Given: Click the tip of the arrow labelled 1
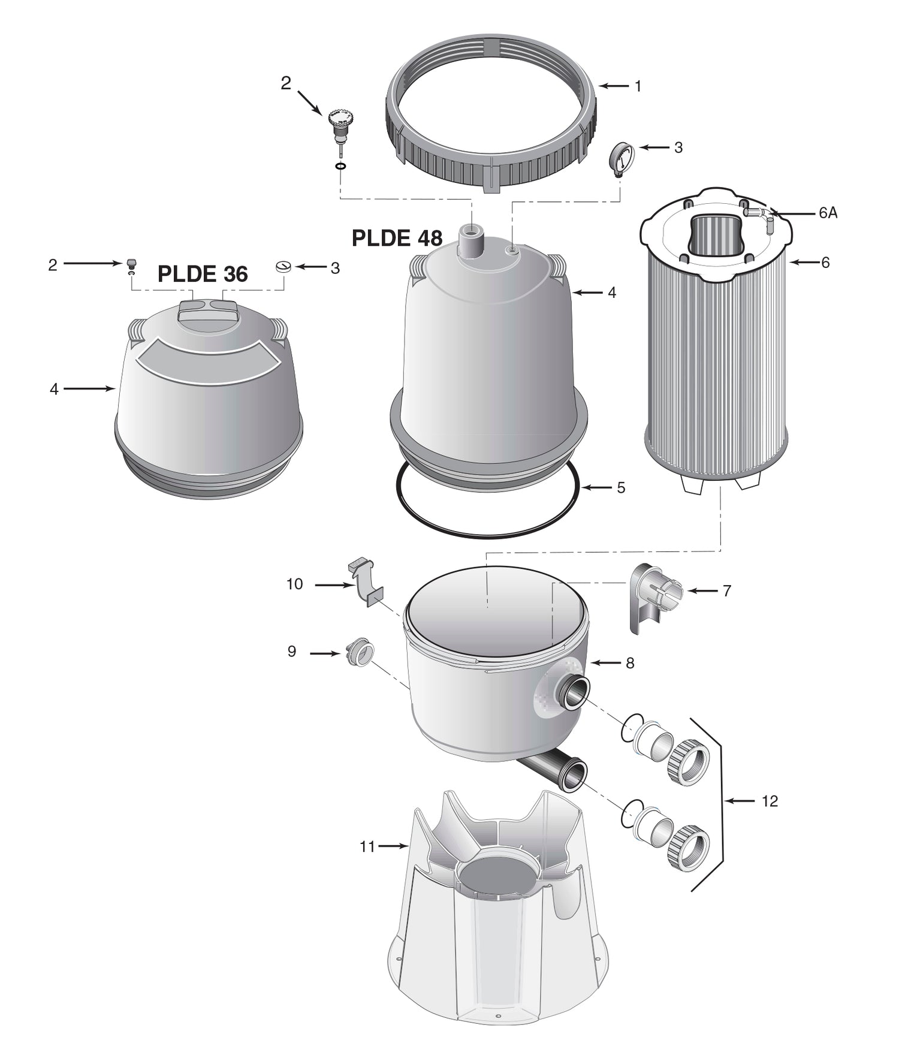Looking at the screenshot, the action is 598,86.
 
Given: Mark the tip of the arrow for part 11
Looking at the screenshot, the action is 409,846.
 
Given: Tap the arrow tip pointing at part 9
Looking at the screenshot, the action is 340,653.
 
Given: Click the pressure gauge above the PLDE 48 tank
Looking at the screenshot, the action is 622,157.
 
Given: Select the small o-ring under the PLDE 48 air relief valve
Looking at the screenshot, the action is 340,165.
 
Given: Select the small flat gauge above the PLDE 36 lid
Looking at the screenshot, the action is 283,266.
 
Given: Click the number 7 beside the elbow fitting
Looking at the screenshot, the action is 726,591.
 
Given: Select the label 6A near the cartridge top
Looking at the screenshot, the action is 828,213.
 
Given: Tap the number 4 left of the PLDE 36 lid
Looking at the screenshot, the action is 54,389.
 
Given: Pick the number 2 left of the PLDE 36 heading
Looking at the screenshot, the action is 53,265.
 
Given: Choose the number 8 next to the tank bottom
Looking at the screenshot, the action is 629,663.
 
